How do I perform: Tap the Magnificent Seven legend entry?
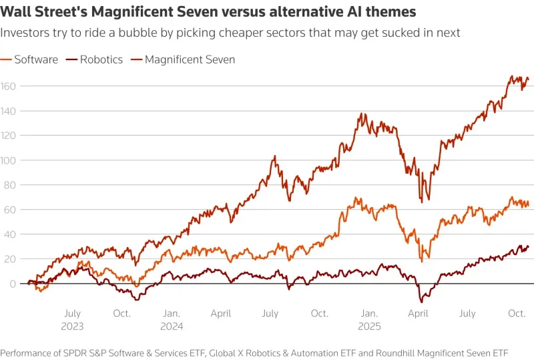click(x=188, y=59)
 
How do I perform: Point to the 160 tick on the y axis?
click(x=9, y=86)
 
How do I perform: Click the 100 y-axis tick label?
click(x=9, y=160)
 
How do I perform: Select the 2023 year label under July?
click(x=72, y=327)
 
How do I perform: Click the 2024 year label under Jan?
click(x=171, y=327)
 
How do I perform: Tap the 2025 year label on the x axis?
click(x=368, y=327)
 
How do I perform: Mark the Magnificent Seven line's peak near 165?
click(x=512, y=76)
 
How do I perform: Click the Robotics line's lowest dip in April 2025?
click(x=422, y=302)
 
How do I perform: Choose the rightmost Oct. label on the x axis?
click(x=517, y=313)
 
